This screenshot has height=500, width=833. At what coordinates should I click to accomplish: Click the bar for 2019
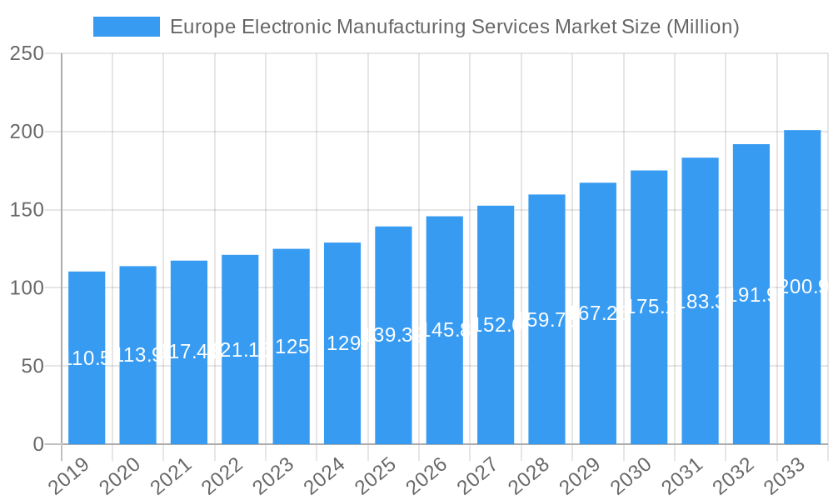(87, 358)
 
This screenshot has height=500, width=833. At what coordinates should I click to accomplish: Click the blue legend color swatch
(126, 27)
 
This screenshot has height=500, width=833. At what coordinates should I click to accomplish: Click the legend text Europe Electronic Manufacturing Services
(454, 27)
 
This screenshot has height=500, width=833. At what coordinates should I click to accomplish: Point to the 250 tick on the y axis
(27, 53)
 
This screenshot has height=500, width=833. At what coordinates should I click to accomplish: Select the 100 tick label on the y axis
(27, 288)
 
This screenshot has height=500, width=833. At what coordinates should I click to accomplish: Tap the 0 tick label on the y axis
(38, 445)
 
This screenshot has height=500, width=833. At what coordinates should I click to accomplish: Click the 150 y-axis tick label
(27, 210)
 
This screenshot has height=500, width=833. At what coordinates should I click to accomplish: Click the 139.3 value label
(393, 334)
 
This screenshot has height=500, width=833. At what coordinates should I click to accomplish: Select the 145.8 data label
(444, 330)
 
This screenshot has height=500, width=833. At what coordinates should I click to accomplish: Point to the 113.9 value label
(137, 356)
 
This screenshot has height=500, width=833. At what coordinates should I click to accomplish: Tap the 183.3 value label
(700, 302)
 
